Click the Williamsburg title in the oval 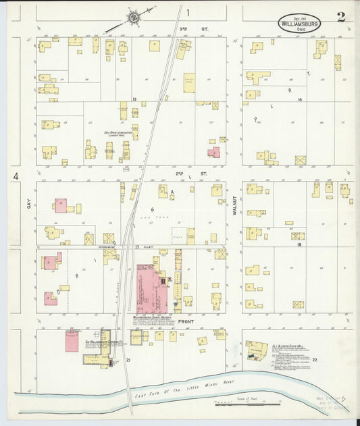pyautogui.click(x=299, y=22)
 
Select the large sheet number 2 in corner pyautogui.click(x=341, y=17)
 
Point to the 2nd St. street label pyautogui.click(x=180, y=174)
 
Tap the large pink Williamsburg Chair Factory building pyautogui.click(x=152, y=288)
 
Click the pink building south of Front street pyautogui.click(x=72, y=340)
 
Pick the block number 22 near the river pyautogui.click(x=315, y=360)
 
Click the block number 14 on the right pyautogui.click(x=299, y=99)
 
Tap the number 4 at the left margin pyautogui.click(x=14, y=177)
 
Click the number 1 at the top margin pyautogui.click(x=188, y=12)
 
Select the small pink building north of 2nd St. pyautogui.click(x=214, y=153)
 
